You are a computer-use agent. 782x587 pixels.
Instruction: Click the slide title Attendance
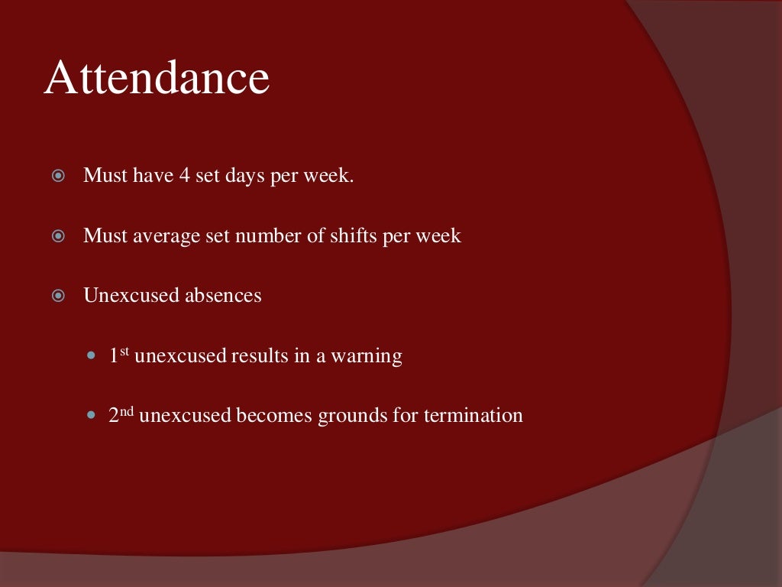[157, 79]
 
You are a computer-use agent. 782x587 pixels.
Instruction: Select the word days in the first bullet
[244, 176]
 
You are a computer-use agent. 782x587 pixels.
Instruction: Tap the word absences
[218, 295]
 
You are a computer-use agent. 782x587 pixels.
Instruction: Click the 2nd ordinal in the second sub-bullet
[121, 415]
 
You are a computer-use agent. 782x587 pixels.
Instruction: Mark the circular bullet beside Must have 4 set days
[58, 177]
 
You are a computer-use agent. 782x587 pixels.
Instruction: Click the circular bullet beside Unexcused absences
[58, 296]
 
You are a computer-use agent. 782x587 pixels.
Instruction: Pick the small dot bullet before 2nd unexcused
[92, 417]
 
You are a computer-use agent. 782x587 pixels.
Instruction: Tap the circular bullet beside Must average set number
[58, 236]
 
